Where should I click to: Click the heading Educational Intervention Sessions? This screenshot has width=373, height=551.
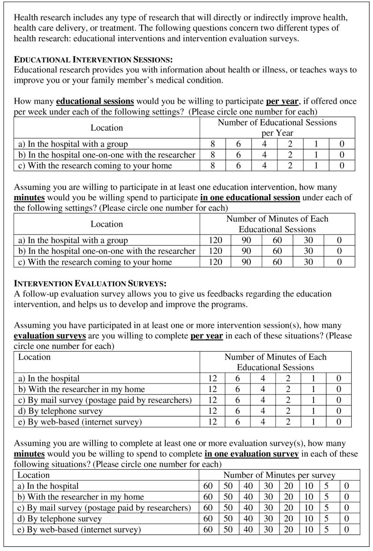[93, 60]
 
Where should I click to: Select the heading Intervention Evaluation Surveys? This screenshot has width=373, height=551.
[90, 283]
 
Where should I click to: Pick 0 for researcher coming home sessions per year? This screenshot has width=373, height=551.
[342, 166]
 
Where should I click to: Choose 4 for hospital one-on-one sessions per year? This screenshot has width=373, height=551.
[264, 155]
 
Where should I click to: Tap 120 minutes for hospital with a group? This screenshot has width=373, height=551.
[215, 240]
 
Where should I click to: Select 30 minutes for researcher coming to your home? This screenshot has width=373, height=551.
[308, 262]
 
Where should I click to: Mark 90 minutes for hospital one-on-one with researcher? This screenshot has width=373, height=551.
[246, 251]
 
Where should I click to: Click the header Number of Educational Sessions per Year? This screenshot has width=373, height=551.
[277, 128]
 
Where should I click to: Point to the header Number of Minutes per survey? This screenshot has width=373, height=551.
[279, 475]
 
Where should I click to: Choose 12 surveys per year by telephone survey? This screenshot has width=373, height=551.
[213, 411]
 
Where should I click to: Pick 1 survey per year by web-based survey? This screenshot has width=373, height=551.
[314, 422]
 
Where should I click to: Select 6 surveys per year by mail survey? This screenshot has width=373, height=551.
[239, 400]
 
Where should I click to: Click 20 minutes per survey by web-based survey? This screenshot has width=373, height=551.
[289, 530]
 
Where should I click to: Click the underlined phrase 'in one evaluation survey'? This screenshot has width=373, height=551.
[251, 454]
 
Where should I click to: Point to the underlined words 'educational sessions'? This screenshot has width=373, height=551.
[95, 102]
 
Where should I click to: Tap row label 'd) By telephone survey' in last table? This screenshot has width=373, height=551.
[59, 519]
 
